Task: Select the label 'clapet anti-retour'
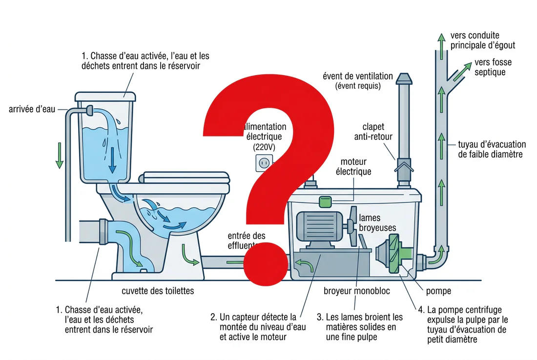tap(373, 132)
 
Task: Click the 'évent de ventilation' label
tap(357, 80)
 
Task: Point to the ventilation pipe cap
tap(404, 79)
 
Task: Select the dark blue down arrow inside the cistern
tap(112, 161)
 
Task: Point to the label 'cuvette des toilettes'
tap(157, 291)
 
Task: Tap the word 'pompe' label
tap(438, 291)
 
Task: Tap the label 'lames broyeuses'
tap(377, 222)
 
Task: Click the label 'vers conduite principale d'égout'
tap(482, 40)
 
